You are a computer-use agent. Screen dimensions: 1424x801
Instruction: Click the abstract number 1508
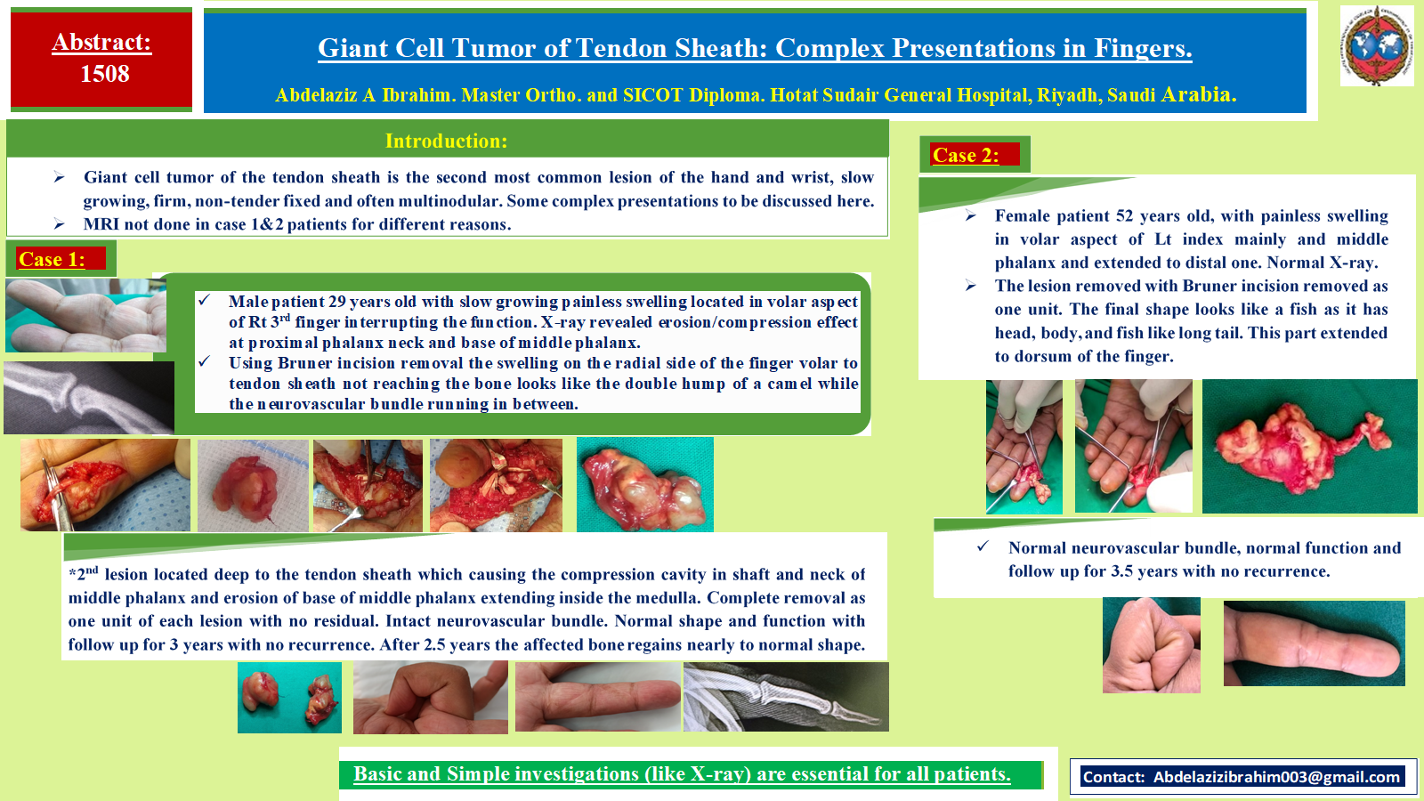[x=105, y=74]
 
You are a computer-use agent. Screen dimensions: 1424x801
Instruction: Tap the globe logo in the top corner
[x=1376, y=45]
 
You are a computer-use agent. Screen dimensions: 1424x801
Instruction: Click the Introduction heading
[x=446, y=141]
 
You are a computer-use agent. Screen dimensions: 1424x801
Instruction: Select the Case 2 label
[x=966, y=155]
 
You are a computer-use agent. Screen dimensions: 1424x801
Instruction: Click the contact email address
[x=1276, y=777]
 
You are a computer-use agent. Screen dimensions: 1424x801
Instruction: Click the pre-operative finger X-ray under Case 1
[x=89, y=398]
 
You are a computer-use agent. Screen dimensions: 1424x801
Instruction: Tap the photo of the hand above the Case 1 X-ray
[x=85, y=315]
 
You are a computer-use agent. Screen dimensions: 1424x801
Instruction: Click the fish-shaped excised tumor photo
[x=1309, y=446]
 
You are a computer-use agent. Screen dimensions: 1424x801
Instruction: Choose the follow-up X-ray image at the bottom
[x=786, y=697]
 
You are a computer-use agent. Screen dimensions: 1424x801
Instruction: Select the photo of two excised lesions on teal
[x=289, y=698]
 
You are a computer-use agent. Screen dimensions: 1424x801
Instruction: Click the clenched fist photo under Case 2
[x=1152, y=645]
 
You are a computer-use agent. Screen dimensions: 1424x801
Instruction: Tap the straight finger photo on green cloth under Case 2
[x=1314, y=643]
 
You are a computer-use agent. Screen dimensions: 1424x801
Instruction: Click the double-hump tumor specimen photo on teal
[x=644, y=484]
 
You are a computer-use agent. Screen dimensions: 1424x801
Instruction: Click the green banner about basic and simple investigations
[x=691, y=774]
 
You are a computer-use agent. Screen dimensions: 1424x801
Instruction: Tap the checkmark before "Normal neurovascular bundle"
[x=983, y=546]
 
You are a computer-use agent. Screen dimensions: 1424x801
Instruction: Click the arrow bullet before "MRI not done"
[x=59, y=223]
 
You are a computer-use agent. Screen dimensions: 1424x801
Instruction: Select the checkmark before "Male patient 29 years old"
[x=204, y=300]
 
